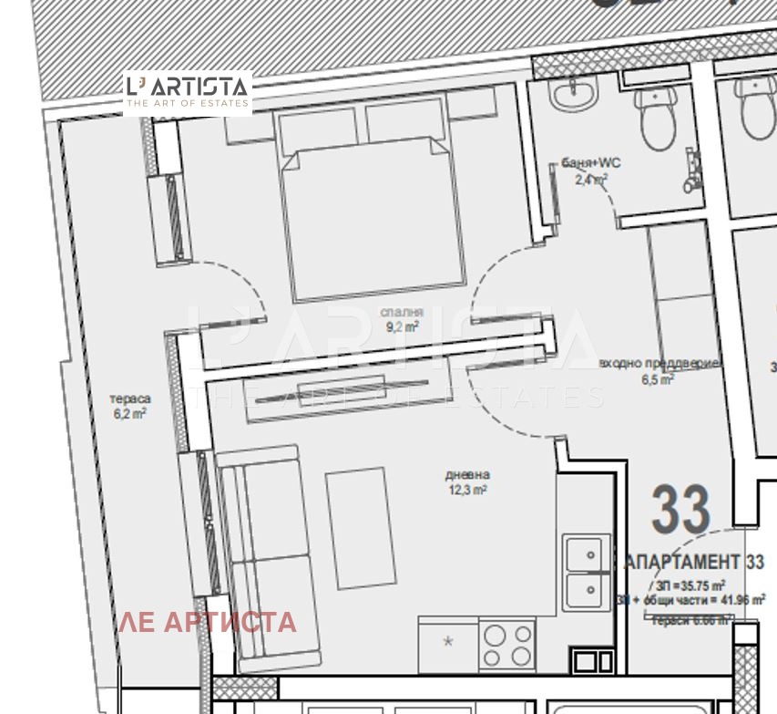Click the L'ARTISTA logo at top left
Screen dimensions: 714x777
pyautogui.click(x=187, y=92)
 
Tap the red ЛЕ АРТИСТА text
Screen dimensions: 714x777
pyautogui.click(x=208, y=622)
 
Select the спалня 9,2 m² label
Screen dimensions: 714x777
pyautogui.click(x=401, y=320)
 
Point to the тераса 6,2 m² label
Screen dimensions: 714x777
pyautogui.click(x=129, y=406)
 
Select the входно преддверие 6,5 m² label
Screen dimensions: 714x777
pyautogui.click(x=661, y=370)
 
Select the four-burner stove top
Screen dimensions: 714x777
pyautogui.click(x=507, y=645)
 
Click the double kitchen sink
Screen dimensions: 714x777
pyautogui.click(x=583, y=573)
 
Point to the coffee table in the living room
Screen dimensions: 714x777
pyautogui.click(x=361, y=528)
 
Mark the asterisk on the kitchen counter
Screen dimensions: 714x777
pyautogui.click(x=447, y=642)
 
